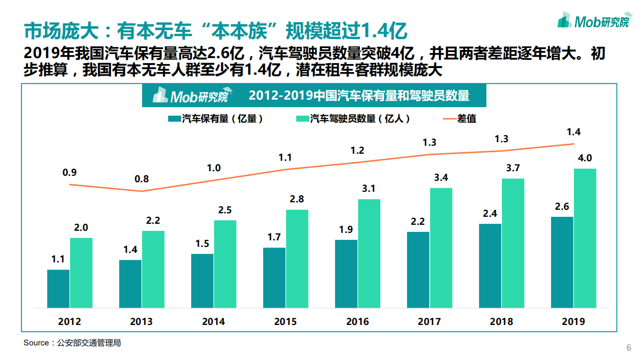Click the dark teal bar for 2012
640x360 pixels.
58,289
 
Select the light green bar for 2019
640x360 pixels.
585,238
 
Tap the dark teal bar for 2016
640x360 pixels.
346,274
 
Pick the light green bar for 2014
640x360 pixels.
225,264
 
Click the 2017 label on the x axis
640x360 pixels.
429,322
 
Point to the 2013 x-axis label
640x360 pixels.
141,322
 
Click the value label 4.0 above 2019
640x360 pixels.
585,159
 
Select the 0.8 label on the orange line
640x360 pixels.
142,179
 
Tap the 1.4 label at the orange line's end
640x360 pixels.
573,132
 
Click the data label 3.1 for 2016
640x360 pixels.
369,189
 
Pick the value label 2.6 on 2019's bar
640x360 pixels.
562,206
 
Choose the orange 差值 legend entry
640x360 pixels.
460,119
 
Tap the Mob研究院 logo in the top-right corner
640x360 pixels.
593,21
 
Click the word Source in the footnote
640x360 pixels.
36,343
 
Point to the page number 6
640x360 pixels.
629,348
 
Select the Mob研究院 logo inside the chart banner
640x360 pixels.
190,95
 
